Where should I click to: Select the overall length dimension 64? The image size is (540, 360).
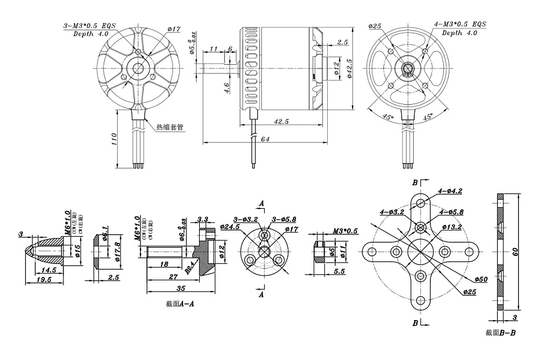(265, 139)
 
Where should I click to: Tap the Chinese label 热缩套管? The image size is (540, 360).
(170, 127)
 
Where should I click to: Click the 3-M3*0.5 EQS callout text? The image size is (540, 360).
(90, 25)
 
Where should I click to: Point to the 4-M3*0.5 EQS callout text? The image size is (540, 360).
(460, 24)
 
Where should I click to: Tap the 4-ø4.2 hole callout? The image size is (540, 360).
(450, 191)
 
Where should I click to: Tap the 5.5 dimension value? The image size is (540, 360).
(340, 271)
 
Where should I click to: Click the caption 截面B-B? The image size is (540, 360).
(501, 332)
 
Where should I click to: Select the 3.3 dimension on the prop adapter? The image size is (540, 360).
(203, 219)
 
